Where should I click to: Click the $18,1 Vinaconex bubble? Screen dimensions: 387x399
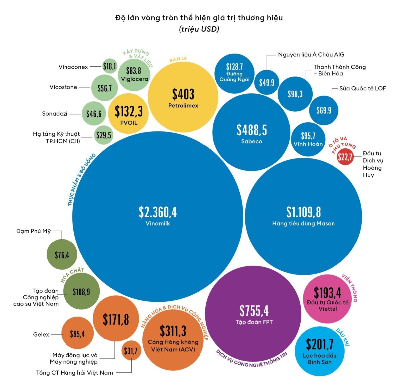pyautogui.click(x=110, y=66)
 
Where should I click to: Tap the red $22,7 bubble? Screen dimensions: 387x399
pyautogui.click(x=345, y=157)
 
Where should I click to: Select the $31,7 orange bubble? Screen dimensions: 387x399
pyautogui.click(x=131, y=351)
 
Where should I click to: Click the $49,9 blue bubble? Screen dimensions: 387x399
pyautogui.click(x=267, y=82)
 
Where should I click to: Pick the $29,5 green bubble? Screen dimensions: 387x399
pyautogui.click(x=104, y=135)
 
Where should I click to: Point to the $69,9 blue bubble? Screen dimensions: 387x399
pyautogui.click(x=324, y=110)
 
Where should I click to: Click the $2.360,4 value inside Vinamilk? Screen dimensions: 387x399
pyautogui.click(x=158, y=212)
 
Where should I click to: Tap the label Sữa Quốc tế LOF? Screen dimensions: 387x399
pyautogui.click(x=362, y=88)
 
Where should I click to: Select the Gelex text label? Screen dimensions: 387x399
pyautogui.click(x=41, y=334)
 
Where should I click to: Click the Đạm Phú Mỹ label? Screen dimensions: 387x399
pyautogui.click(x=33, y=231)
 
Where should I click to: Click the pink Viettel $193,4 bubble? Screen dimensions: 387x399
pyautogui.click(x=328, y=299)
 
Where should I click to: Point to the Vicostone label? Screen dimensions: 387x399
pyautogui.click(x=63, y=87)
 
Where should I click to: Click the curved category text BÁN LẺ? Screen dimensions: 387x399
pyautogui.click(x=178, y=59)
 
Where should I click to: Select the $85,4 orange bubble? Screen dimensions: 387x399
pyautogui.click(x=77, y=334)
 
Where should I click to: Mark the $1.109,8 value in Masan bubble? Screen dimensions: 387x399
pyautogui.click(x=303, y=212)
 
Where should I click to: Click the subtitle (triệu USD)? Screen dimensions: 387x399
pyautogui.click(x=199, y=29)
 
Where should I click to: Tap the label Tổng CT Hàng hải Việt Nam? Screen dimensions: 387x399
pyautogui.click(x=74, y=373)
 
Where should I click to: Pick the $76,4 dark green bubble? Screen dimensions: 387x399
pyautogui.click(x=62, y=255)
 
